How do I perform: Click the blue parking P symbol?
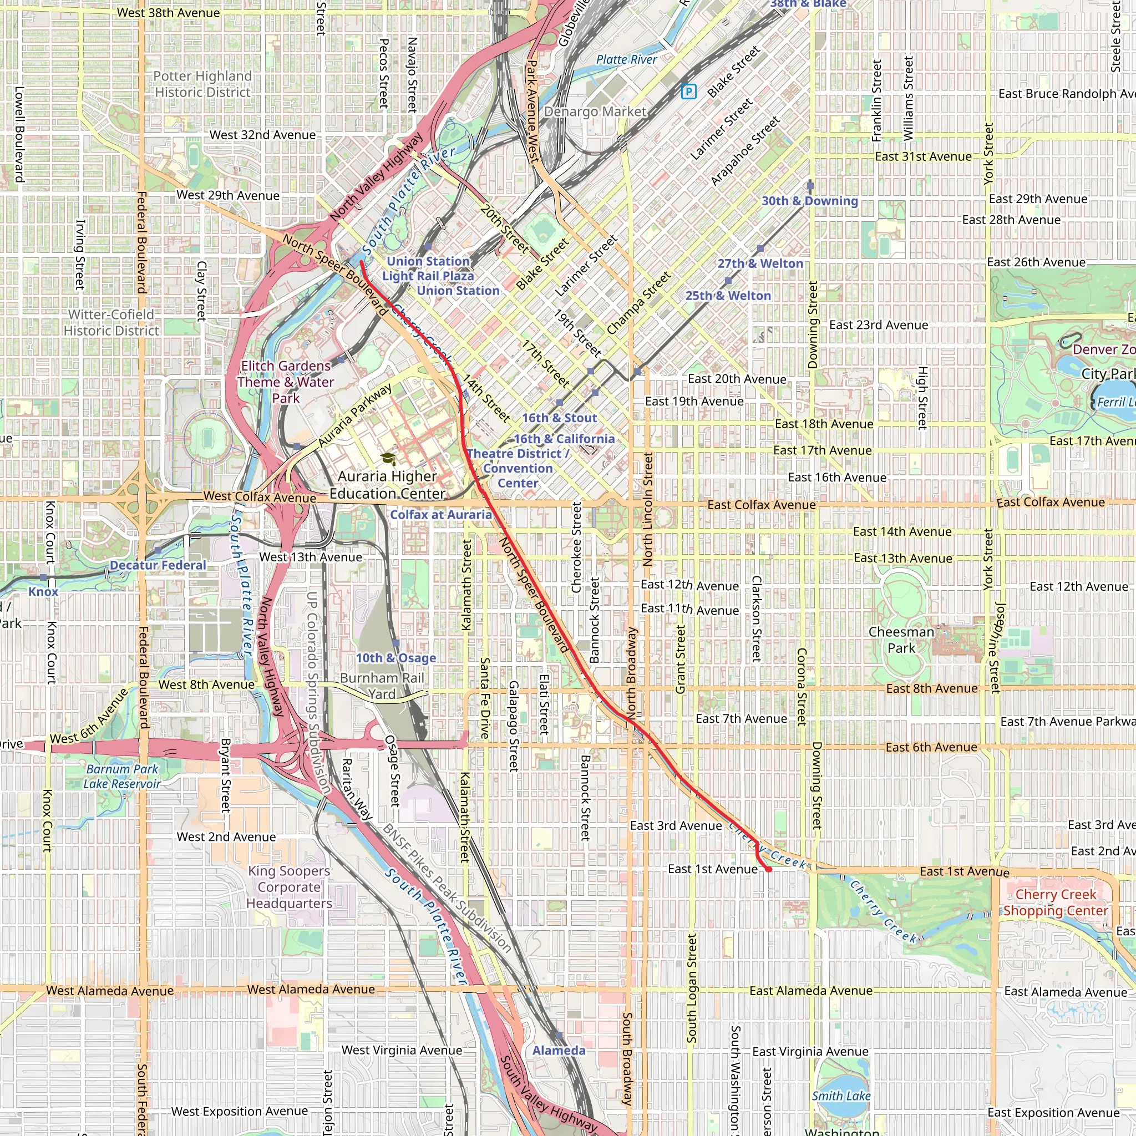[688, 91]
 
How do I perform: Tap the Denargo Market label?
[595, 111]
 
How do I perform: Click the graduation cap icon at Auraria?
[388, 459]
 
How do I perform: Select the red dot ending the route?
[768, 869]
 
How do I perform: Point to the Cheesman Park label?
[901, 640]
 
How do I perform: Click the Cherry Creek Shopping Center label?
[1056, 902]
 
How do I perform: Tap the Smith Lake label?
[841, 1096]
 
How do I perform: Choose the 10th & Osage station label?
[395, 658]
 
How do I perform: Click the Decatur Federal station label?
[158, 565]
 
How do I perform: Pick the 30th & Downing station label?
[810, 200]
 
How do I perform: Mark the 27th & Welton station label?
[760, 263]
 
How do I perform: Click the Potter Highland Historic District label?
[202, 84]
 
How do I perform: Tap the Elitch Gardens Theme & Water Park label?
[286, 382]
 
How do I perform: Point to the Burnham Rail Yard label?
[382, 686]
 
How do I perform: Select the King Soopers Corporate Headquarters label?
[288, 887]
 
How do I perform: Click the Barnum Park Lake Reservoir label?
[121, 776]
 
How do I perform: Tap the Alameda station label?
[559, 1050]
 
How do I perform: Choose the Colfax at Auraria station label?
[441, 515]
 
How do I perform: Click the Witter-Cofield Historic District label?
[111, 322]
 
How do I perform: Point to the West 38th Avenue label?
[168, 13]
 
